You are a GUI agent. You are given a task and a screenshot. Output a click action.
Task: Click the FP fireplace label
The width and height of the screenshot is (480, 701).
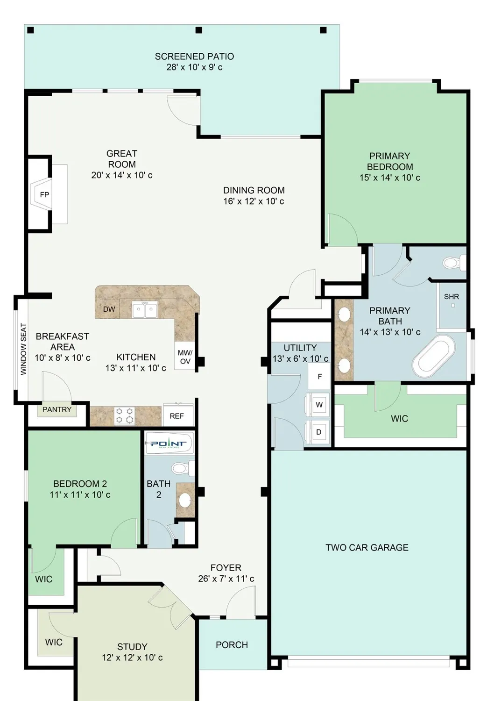(44, 195)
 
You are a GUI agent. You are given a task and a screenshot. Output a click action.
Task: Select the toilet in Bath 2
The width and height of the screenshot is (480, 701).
(182, 468)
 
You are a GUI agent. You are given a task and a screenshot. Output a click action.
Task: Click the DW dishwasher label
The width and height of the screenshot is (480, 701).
(109, 309)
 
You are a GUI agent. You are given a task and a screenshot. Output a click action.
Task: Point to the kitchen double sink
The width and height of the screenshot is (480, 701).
(145, 309)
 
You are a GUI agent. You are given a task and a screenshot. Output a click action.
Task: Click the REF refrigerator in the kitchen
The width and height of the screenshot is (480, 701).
(177, 415)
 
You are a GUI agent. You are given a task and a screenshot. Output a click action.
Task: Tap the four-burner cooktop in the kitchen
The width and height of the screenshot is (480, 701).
(125, 415)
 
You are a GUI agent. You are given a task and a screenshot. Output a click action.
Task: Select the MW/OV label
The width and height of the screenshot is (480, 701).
(185, 357)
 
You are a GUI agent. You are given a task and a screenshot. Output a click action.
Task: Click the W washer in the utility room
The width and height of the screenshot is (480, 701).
(319, 405)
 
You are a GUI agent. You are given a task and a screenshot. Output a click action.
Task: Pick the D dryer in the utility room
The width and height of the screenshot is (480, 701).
(319, 432)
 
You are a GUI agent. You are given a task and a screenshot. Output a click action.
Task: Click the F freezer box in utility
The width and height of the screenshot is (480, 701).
(319, 377)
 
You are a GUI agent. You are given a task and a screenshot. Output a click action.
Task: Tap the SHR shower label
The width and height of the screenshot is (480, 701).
(452, 297)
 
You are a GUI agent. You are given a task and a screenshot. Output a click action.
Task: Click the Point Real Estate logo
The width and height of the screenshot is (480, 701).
(169, 443)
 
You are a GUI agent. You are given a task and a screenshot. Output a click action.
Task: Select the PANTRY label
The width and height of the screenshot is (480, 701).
(57, 410)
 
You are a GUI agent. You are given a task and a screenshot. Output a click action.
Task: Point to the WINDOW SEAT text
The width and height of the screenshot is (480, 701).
(23, 349)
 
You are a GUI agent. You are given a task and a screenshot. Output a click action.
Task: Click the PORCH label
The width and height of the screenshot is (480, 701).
(232, 645)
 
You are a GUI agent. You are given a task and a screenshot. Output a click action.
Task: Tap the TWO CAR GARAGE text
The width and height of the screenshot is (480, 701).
(367, 548)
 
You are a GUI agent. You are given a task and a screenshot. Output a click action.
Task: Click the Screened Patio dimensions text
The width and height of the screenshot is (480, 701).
(194, 67)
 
